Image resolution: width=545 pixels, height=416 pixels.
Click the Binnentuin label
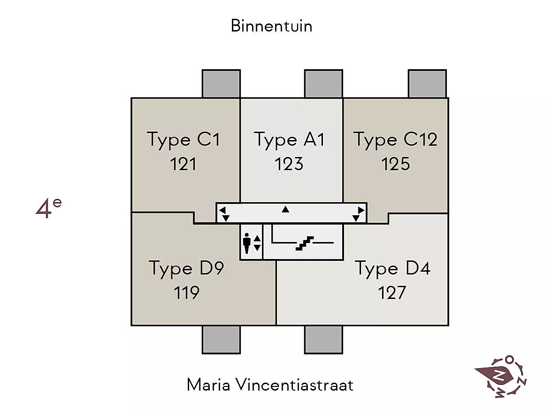pyautogui.click(x=271, y=26)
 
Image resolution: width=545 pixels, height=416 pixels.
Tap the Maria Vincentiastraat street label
pyautogui.click(x=270, y=385)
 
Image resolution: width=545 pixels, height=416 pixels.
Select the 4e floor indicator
pyautogui.click(x=49, y=209)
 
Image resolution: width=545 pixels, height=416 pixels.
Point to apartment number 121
pyautogui.click(x=183, y=164)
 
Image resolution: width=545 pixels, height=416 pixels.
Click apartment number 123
pyautogui.click(x=289, y=164)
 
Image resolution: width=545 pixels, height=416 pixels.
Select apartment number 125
pyautogui.click(x=396, y=164)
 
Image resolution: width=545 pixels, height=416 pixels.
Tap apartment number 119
pyautogui.click(x=187, y=293)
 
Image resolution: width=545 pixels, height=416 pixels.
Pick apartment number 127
pyautogui.click(x=392, y=293)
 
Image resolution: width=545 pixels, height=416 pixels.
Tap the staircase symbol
pyautogui.click(x=305, y=243)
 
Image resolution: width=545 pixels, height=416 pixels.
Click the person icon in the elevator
pyautogui.click(x=247, y=243)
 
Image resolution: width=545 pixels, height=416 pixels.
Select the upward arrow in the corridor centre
pyautogui.click(x=285, y=209)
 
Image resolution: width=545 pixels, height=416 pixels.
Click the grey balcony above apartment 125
pyautogui.click(x=427, y=84)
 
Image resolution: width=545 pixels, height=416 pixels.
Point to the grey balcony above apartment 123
pyautogui.click(x=323, y=84)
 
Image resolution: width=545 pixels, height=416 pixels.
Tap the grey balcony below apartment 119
pyautogui.click(x=221, y=340)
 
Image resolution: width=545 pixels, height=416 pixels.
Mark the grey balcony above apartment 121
pyautogui.click(x=221, y=84)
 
